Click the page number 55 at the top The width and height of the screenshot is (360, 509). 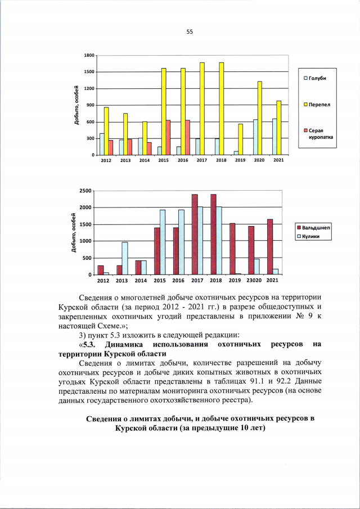[x=190, y=32]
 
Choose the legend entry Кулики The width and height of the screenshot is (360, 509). [x=310, y=236]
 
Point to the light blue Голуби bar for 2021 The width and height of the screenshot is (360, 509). [x=274, y=137]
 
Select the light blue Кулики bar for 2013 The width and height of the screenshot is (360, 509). [x=125, y=258]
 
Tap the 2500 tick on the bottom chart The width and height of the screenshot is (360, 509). [x=85, y=191]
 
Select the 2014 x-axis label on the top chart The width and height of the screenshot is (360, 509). [x=145, y=161]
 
